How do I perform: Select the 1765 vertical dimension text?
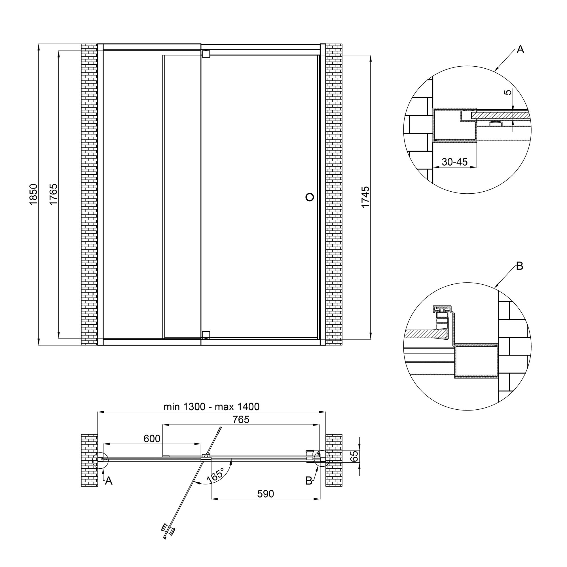pos(53,194)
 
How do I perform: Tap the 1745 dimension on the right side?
pos(365,197)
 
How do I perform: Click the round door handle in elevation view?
pos(310,197)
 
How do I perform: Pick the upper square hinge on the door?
pos(206,54)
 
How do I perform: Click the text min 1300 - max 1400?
pos(211,407)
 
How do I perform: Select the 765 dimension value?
pos(241,420)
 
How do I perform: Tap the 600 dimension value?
pos(152,439)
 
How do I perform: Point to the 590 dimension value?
pos(265,494)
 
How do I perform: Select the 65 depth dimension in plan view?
pos(355,456)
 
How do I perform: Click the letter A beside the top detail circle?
pos(520,50)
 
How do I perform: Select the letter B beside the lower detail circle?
pos(519,266)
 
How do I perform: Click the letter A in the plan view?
pos(109,481)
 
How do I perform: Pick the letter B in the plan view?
pos(309,481)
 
